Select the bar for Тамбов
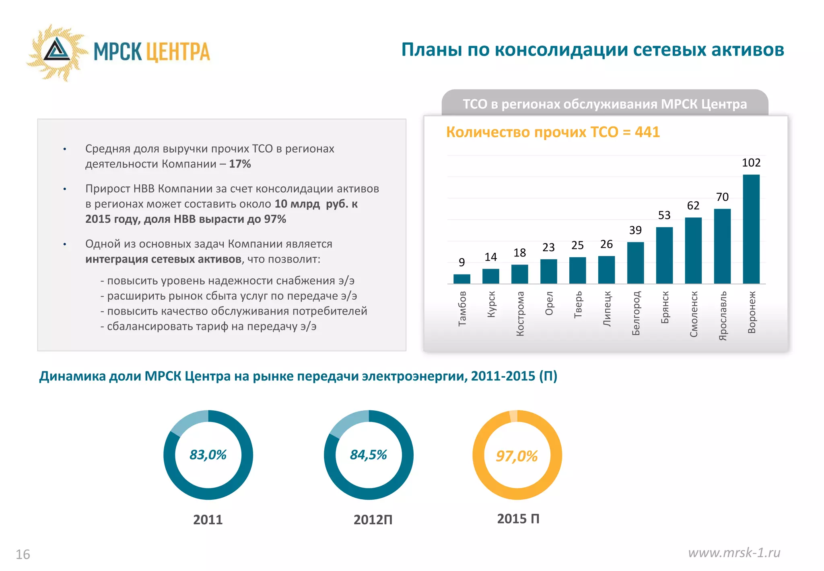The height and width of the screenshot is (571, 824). [461, 279]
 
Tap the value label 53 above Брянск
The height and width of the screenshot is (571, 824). [664, 215]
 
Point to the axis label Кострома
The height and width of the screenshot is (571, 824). [520, 314]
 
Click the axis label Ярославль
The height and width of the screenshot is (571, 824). [723, 316]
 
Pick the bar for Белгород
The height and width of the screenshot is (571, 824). [635, 263]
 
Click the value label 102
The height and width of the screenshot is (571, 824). [751, 163]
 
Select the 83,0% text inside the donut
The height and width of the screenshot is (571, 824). [208, 455]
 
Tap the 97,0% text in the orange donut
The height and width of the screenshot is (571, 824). [517, 456]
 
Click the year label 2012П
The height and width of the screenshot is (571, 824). [373, 520]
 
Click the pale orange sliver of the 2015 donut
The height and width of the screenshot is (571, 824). [513, 416]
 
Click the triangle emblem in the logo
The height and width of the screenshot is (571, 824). [57, 50]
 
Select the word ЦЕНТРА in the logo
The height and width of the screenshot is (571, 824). [177, 52]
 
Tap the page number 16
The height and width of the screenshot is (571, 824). [23, 554]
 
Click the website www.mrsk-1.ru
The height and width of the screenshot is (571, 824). [734, 552]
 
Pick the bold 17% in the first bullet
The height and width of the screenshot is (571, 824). [240, 164]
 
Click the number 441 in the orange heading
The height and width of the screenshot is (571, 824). [647, 132]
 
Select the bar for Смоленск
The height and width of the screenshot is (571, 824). [693, 250]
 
